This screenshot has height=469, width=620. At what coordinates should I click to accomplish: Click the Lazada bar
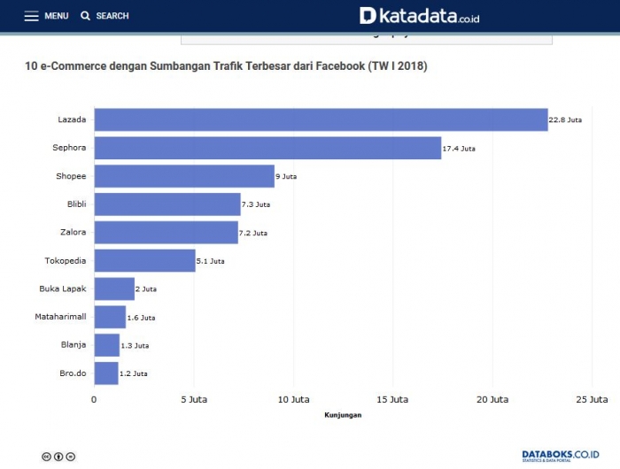[321, 119]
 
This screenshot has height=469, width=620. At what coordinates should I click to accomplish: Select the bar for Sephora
[267, 148]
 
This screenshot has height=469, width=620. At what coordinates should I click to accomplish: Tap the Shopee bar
[184, 176]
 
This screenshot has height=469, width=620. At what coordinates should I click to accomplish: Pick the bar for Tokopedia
[144, 261]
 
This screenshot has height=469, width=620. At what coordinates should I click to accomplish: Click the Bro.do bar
[106, 373]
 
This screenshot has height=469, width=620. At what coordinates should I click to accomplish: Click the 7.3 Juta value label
[256, 204]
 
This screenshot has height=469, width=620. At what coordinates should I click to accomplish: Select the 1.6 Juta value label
[141, 318]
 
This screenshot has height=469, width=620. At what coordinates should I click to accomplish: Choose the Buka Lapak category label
[62, 289]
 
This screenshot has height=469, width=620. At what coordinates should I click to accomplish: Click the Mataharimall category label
[60, 317]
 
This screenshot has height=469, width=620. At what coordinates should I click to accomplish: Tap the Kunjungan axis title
[344, 414]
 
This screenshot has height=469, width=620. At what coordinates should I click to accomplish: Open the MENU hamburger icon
[31, 16]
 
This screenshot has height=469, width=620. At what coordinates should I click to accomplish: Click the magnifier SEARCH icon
[86, 16]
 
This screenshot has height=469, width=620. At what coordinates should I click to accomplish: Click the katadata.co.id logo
[419, 16]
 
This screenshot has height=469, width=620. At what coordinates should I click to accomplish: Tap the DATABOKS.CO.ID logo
[560, 455]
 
